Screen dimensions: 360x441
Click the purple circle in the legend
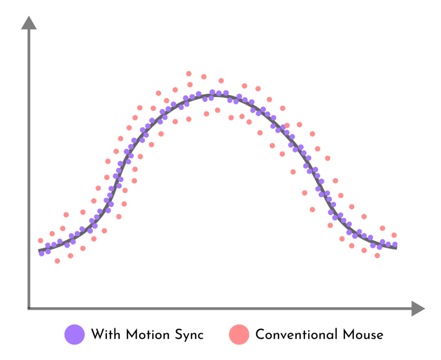(x=75, y=334)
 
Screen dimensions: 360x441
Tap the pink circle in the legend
(x=239, y=334)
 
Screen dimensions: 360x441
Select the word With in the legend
(x=105, y=334)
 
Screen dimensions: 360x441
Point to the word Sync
(x=189, y=335)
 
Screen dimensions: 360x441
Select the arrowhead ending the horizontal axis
(x=418, y=308)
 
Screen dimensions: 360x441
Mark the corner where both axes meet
(x=29, y=308)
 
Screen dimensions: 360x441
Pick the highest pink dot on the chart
(x=189, y=73)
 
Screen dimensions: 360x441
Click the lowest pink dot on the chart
(x=57, y=261)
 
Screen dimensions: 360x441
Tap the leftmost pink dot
(x=41, y=240)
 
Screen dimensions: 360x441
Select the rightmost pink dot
(x=394, y=235)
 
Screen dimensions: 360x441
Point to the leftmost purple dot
(x=42, y=253)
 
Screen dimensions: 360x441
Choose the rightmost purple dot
(x=395, y=245)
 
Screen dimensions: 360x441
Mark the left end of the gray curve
(x=39, y=250)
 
